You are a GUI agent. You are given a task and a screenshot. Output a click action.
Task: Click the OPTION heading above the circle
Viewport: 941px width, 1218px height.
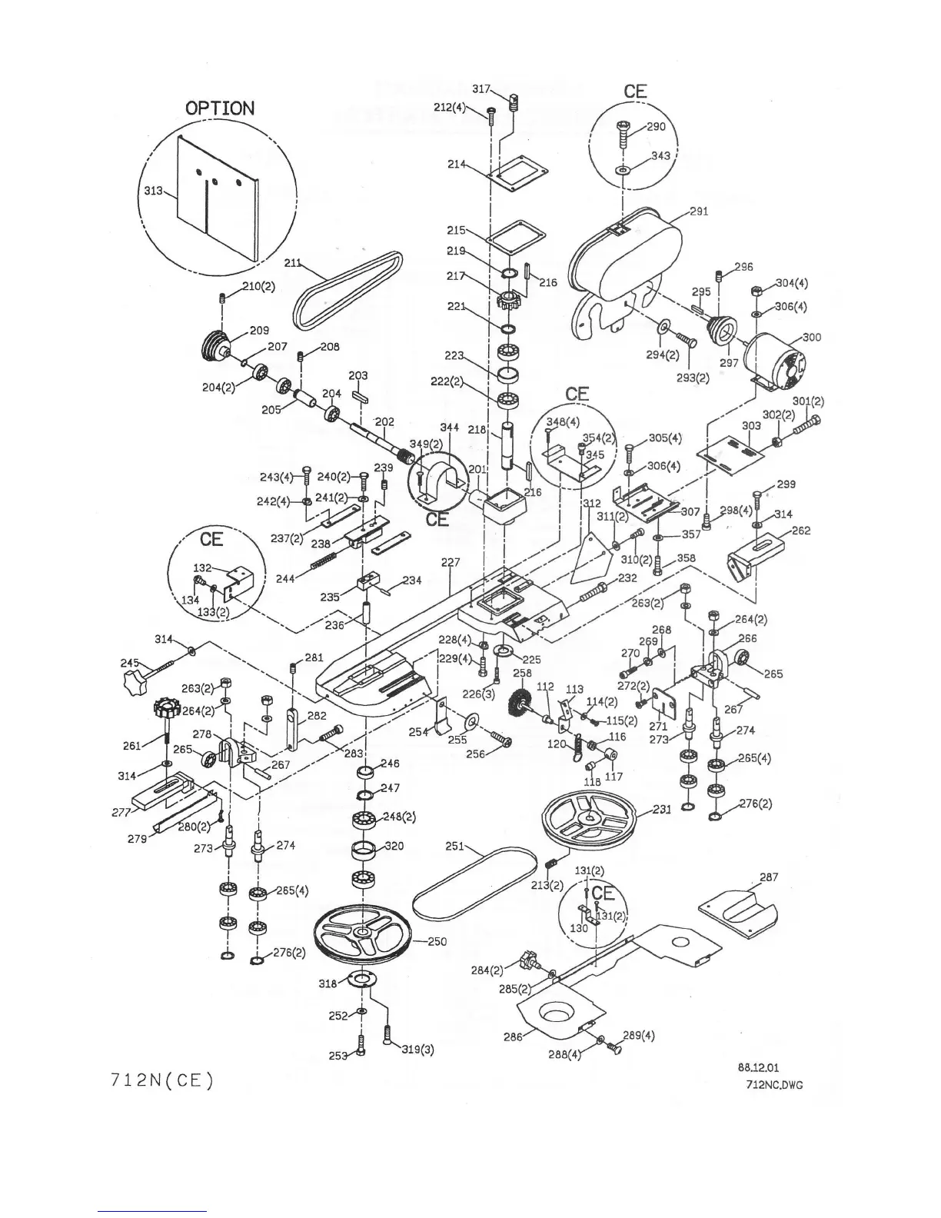(220, 108)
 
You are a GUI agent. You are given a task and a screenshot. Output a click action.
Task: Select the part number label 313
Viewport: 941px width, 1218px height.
(153, 190)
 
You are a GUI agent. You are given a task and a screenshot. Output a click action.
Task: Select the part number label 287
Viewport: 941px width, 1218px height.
(768, 877)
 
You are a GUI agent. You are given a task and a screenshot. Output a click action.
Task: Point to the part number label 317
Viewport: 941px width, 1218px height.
(481, 89)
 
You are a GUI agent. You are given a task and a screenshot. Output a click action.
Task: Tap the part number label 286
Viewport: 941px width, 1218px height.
(513, 1037)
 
